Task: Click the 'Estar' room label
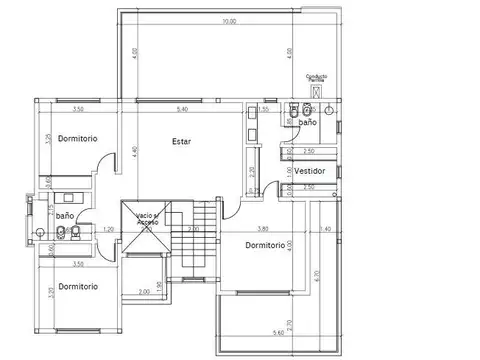181,141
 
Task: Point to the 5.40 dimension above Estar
183,108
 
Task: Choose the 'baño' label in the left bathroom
65,215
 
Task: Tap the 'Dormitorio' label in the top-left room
77,138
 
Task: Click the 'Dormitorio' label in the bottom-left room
78,286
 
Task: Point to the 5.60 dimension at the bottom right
277,333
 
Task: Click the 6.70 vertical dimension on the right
316,274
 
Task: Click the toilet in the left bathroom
62,235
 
